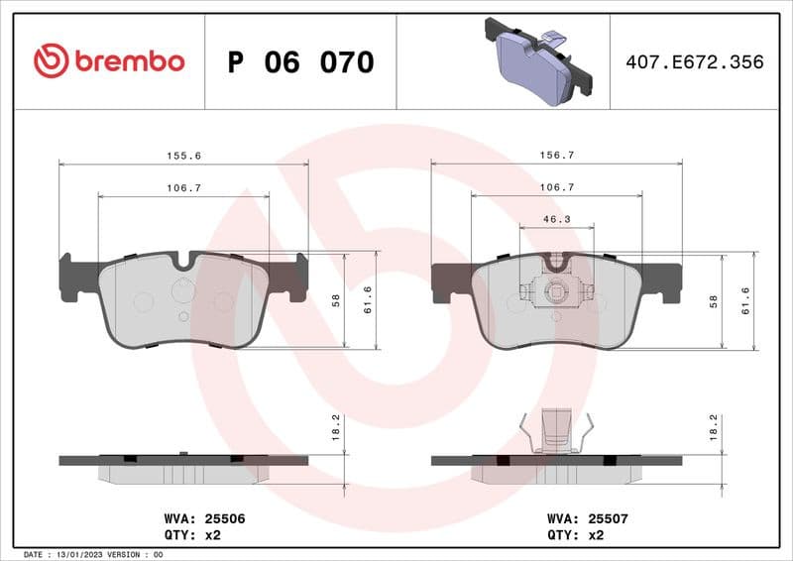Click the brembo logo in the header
109,61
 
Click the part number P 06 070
300,62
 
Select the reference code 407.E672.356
695,62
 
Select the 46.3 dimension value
556,221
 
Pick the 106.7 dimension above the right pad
555,188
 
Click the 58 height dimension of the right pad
713,300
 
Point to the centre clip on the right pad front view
556,291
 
